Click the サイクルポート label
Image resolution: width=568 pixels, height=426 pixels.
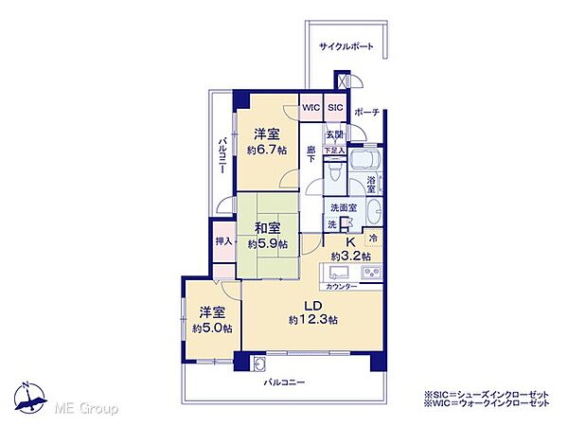click(344, 45)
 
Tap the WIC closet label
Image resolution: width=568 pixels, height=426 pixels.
click(311, 109)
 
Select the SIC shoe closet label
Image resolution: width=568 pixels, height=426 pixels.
click(335, 109)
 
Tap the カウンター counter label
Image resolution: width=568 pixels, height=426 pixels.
click(341, 286)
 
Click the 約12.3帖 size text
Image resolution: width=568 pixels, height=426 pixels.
click(313, 320)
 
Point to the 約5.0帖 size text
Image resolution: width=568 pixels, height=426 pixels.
click(210, 328)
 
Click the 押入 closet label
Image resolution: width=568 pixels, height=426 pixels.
click(222, 241)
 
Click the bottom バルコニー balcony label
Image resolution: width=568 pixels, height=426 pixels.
click(283, 383)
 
